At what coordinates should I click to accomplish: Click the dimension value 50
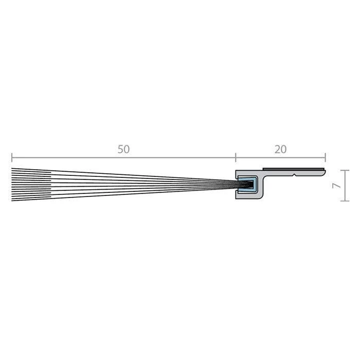point(123,149)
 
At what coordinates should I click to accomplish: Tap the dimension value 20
point(281,150)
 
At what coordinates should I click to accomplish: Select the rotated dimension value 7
point(337,186)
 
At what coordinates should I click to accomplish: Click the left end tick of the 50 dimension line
point(12,157)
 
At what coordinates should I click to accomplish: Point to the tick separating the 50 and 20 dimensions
point(236,157)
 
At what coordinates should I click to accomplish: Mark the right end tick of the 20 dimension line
point(325,157)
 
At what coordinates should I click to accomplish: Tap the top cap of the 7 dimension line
point(345,170)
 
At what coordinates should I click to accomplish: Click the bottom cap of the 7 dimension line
point(345,201)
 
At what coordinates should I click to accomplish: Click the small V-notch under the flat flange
point(294,175)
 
